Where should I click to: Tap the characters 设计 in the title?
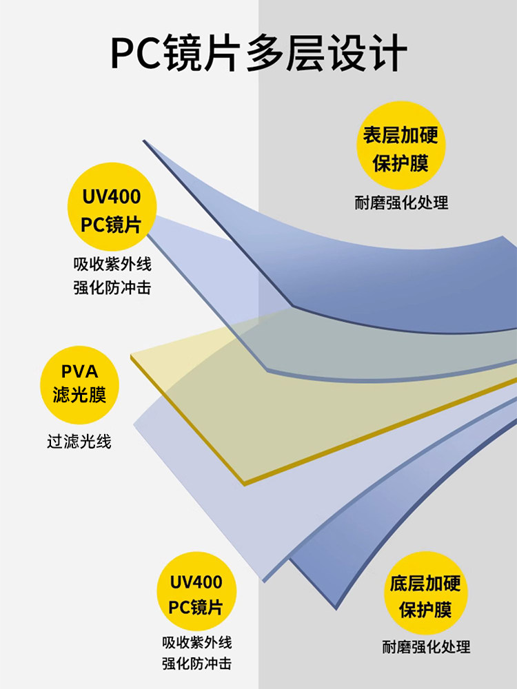click(x=368, y=53)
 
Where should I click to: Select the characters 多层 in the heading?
click(x=286, y=53)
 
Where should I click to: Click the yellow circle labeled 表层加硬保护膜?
click(x=401, y=145)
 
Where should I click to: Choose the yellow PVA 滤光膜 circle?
click(x=79, y=385)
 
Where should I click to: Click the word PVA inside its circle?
click(x=79, y=372)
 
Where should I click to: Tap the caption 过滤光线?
click(x=79, y=442)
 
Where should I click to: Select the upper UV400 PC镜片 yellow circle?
click(x=112, y=207)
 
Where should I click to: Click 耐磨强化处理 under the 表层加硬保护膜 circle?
click(x=401, y=203)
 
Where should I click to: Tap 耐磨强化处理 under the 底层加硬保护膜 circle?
click(x=426, y=647)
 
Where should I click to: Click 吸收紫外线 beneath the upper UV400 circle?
click(x=112, y=264)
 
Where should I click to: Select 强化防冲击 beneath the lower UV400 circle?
click(x=196, y=664)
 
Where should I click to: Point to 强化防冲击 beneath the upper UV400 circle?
click(x=112, y=288)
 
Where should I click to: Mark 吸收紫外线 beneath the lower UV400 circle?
click(x=196, y=642)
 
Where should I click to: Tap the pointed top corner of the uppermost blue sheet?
click(x=144, y=141)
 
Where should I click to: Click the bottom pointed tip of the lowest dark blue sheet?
click(x=336, y=609)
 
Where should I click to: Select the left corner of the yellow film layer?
click(x=131, y=356)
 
